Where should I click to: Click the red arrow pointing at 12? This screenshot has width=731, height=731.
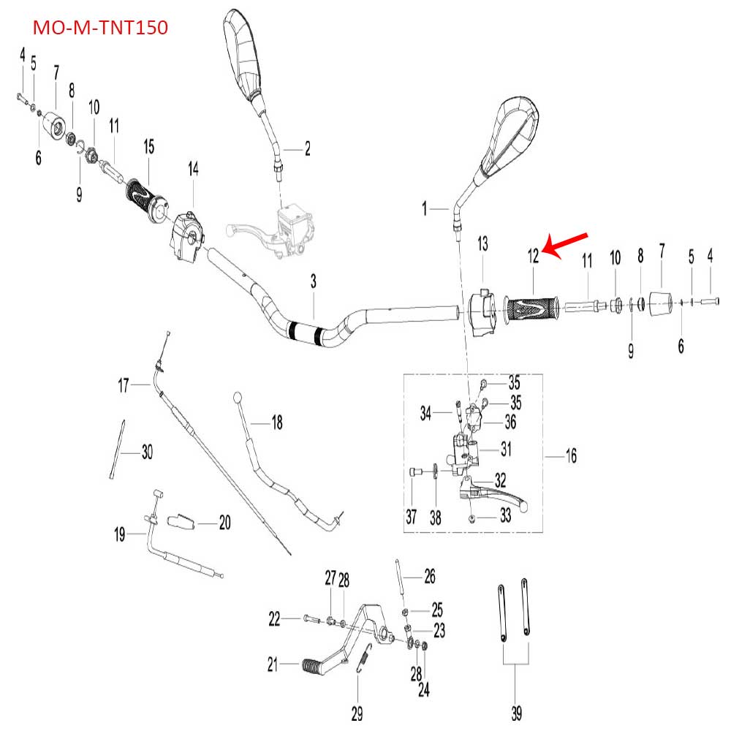point(567,245)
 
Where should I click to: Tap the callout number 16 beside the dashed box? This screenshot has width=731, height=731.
point(571,457)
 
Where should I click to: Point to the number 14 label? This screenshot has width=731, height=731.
point(193,170)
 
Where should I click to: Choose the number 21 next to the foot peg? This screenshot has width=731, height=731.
point(273,665)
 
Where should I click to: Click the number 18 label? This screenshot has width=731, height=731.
point(276,422)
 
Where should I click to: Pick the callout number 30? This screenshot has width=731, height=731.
point(146,453)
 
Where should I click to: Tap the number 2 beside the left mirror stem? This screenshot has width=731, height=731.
point(308,149)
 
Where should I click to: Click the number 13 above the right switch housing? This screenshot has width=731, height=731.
point(482,243)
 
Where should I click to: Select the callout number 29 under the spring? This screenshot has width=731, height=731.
point(357,712)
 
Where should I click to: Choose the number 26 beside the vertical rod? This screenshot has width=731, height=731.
point(429,577)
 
